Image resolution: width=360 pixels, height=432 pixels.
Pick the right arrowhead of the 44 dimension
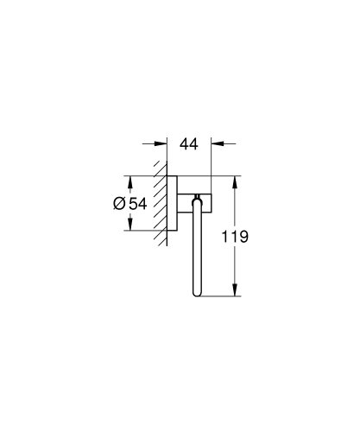[216, 145]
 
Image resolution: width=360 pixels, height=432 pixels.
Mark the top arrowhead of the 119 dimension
[234, 181]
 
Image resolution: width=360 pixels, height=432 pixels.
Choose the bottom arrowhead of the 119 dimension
[234, 293]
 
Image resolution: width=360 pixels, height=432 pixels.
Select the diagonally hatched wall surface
[160, 203]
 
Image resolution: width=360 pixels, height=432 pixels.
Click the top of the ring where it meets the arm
[199, 200]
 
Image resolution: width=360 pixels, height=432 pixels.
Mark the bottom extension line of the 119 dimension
[220, 298]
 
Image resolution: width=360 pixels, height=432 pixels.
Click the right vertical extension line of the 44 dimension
[211, 160]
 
